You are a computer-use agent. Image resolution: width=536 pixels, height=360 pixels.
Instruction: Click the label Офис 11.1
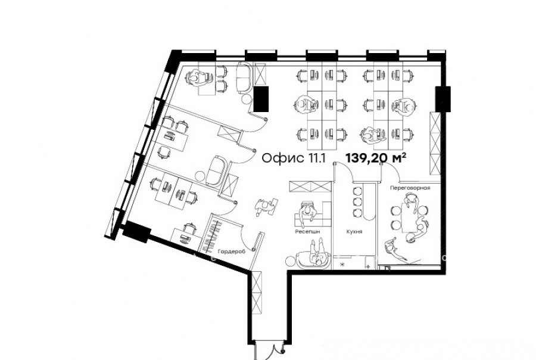tap(294, 158)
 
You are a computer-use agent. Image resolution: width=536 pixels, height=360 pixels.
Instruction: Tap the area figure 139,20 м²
tap(376, 158)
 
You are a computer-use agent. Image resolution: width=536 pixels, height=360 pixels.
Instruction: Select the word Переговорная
tap(410, 188)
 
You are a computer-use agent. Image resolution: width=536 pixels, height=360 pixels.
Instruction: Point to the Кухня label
tap(354, 232)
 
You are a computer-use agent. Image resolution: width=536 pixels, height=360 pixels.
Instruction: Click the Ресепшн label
tap(308, 232)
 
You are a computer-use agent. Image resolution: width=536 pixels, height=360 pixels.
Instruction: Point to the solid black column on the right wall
tap(442, 99)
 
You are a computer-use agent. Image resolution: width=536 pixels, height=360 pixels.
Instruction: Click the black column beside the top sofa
tap(261, 99)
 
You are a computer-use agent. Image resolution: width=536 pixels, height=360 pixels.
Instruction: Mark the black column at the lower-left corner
tap(136, 232)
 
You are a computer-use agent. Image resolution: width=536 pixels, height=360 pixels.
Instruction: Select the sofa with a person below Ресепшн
tap(313, 260)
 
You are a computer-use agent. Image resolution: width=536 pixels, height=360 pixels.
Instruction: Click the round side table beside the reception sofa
tap(290, 261)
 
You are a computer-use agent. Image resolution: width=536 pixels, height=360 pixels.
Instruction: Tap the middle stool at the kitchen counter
tap(357, 201)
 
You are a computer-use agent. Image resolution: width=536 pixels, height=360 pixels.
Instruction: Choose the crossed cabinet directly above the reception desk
tap(310, 187)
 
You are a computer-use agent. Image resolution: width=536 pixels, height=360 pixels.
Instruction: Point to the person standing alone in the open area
tap(265, 206)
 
